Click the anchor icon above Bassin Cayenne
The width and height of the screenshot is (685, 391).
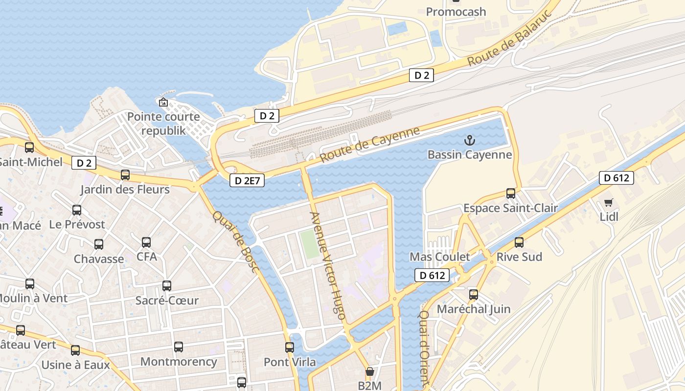coord(469,141)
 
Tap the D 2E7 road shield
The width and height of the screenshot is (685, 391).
coord(247,181)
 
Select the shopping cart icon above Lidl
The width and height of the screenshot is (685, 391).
coord(609,202)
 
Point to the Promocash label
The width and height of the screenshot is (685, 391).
coord(456,12)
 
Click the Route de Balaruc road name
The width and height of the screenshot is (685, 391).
coord(510,38)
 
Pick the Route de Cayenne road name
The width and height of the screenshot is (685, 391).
coord(370,145)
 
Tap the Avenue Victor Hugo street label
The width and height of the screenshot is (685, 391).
coord(328,266)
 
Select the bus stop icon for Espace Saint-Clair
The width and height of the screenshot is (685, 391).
coord(511,194)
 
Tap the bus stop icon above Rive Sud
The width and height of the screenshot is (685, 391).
coord(519,242)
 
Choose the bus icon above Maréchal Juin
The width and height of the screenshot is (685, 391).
coord(474,295)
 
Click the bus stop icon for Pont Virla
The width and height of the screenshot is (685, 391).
coord(290,348)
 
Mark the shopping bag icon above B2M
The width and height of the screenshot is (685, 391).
coord(370,371)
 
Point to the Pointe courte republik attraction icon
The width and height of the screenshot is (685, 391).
coord(163,102)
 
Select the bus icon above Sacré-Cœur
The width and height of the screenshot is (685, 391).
coord(167,286)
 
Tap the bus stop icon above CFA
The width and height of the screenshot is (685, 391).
coord(146,242)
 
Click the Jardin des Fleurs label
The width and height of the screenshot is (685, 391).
coord(125,189)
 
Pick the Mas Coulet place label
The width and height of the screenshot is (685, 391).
coord(439,257)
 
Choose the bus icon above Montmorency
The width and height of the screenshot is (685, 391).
coord(179,347)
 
